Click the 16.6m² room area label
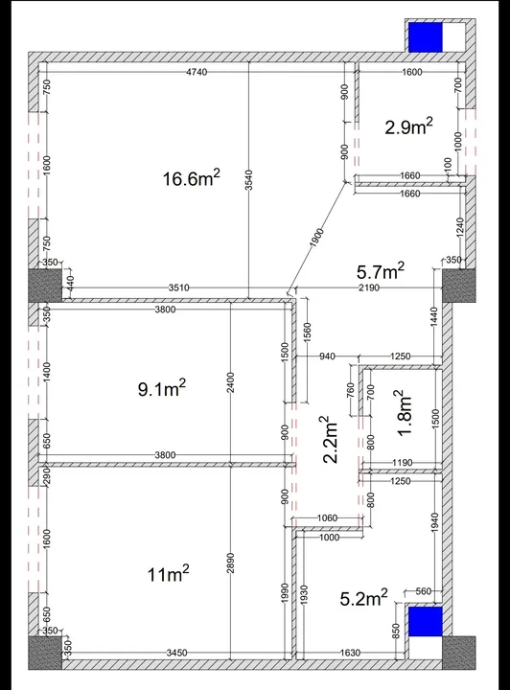pyautogui.click(x=192, y=178)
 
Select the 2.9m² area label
pyautogui.click(x=408, y=126)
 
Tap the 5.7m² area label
pyautogui.click(x=380, y=272)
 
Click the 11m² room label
pyautogui.click(x=168, y=574)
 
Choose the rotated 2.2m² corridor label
pyautogui.click(x=329, y=440)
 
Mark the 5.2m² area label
pyautogui.click(x=364, y=599)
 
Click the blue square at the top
pyautogui.click(x=425, y=38)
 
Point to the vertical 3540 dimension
pyautogui.click(x=248, y=181)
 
